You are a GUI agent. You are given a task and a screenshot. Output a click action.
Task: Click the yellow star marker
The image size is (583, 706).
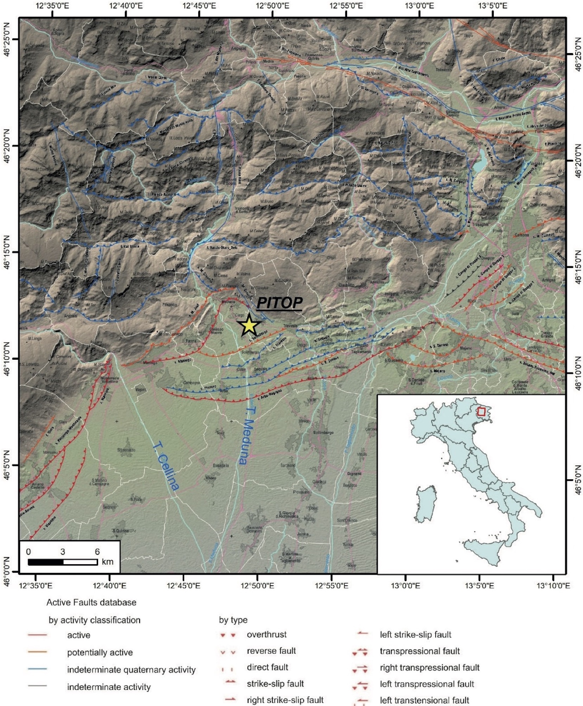(x=249, y=325)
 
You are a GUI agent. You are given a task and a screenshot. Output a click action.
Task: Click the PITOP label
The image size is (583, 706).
(x=280, y=303)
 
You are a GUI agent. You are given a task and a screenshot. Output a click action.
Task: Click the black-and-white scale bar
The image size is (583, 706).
(x=63, y=562)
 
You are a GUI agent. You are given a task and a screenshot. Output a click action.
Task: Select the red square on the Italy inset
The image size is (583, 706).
(x=482, y=411)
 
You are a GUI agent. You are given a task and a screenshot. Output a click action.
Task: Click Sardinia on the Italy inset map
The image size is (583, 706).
(x=426, y=504)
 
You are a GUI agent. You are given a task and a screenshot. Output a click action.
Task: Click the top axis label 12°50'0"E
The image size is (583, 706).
(x=273, y=6)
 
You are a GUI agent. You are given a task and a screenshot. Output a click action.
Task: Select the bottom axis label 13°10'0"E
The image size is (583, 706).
(x=553, y=586)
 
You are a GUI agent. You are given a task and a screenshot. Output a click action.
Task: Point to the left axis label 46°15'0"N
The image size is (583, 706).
(x=6, y=252)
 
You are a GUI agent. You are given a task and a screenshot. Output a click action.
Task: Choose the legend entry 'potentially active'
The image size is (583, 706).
(x=100, y=653)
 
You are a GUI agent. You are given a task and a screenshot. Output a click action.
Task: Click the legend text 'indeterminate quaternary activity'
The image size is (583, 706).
(x=131, y=670)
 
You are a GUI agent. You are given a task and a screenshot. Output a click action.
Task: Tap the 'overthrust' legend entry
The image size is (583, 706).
(x=267, y=635)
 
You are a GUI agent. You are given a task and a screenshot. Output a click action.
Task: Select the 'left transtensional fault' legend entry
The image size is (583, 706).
(x=424, y=700)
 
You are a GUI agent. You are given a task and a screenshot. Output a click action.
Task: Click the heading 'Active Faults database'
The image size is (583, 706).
(x=91, y=602)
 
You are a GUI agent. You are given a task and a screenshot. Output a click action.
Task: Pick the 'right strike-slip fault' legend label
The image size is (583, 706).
(x=285, y=700)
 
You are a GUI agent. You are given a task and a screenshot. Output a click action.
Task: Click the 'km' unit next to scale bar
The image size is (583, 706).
(x=108, y=562)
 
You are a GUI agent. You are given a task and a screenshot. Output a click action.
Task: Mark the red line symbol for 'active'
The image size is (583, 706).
(x=37, y=635)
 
